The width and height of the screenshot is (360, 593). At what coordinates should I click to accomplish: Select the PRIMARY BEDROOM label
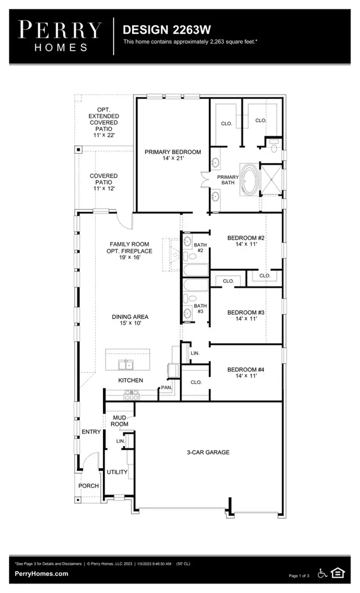173,155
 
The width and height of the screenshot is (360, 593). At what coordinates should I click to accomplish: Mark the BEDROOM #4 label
246,373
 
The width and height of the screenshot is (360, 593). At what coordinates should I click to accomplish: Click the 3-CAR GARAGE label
208,452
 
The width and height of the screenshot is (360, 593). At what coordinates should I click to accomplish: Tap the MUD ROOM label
119,421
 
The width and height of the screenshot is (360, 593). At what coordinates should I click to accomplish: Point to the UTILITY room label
117,472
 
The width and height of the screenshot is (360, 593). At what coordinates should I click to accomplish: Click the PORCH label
89,486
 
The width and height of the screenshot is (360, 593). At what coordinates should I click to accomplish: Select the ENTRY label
91,432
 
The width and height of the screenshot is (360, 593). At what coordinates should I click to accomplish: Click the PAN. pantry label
166,387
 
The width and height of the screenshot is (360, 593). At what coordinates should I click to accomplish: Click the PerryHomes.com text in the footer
42,574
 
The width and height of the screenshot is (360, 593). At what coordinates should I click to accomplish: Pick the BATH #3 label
200,309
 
